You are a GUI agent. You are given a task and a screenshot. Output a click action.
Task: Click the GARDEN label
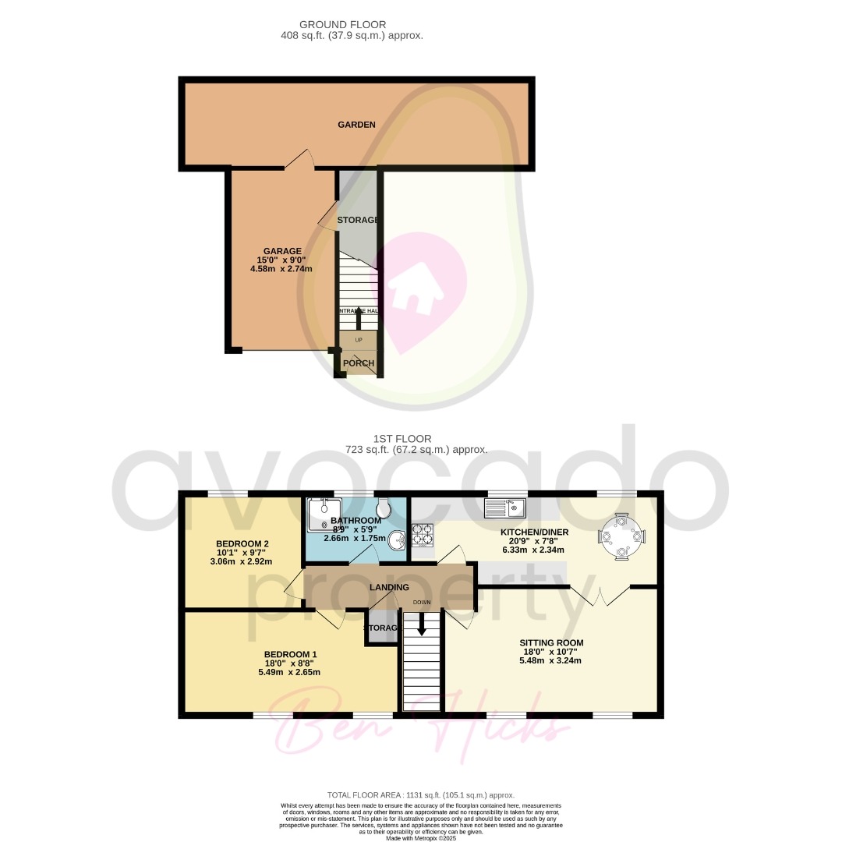coord(356,125)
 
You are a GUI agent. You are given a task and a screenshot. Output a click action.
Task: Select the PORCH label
coord(359,363)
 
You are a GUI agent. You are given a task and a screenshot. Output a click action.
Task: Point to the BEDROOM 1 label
coord(290,654)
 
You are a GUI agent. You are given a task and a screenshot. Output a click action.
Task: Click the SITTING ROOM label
coord(551,643)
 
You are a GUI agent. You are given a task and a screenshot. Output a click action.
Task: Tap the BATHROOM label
coord(356,521)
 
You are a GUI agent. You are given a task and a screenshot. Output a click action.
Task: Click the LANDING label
coord(389,587)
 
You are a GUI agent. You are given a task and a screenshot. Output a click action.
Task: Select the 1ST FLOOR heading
coord(402,439)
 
